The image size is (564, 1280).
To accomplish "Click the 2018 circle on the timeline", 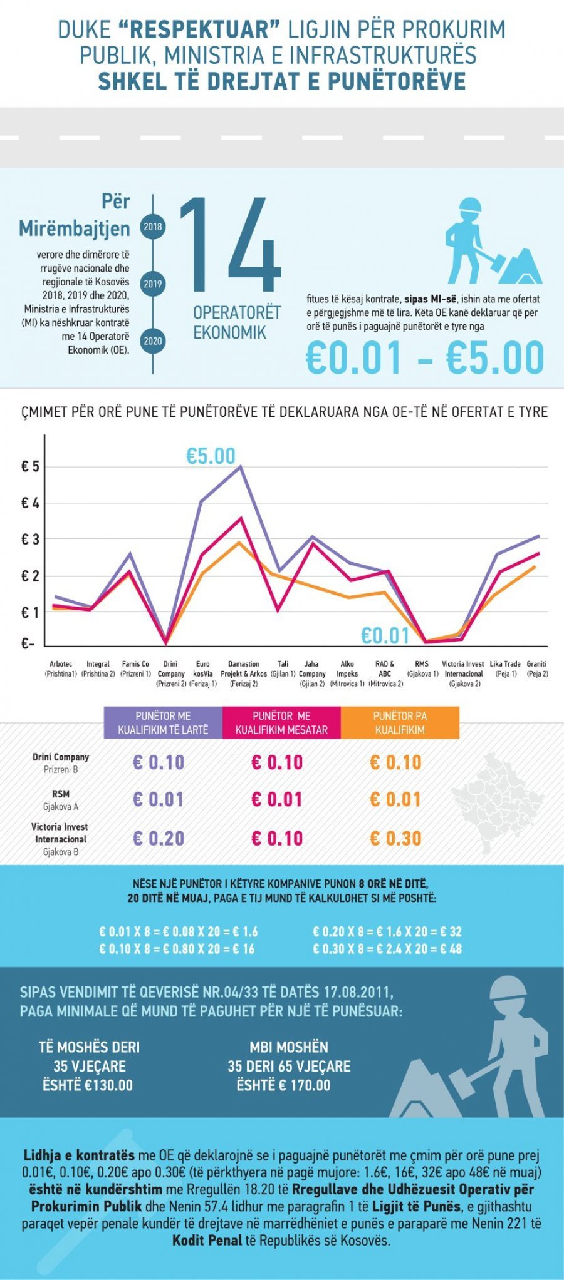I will tap(153, 227).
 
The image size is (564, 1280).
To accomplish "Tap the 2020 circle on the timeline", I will tap(153, 341).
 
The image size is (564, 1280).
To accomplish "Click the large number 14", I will tap(229, 245).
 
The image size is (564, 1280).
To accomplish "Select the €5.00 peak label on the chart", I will tap(211, 456).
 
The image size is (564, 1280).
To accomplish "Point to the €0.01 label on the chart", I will tap(385, 636).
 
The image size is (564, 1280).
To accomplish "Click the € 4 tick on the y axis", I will tap(30, 503).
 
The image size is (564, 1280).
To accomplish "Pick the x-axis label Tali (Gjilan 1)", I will tap(283, 668).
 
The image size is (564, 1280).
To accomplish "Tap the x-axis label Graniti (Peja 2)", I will tap(537, 668).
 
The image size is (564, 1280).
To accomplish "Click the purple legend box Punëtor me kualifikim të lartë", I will tap(163, 723).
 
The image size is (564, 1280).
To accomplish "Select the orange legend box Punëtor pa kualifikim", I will tap(400, 723).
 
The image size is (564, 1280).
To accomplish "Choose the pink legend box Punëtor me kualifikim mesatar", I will tap(281, 723).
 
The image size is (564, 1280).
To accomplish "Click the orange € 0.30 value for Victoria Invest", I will tap(395, 839).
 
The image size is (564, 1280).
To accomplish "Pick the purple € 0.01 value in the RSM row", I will tap(159, 799).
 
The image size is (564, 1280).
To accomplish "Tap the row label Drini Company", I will tap(61, 757).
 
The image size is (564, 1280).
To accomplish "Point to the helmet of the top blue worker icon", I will tap(469, 206).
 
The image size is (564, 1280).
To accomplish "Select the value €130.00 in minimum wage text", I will tap(109, 1085).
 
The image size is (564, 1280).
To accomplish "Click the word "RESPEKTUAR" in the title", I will tap(198, 29).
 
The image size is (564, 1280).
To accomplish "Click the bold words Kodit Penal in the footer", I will tap(207, 1240).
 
